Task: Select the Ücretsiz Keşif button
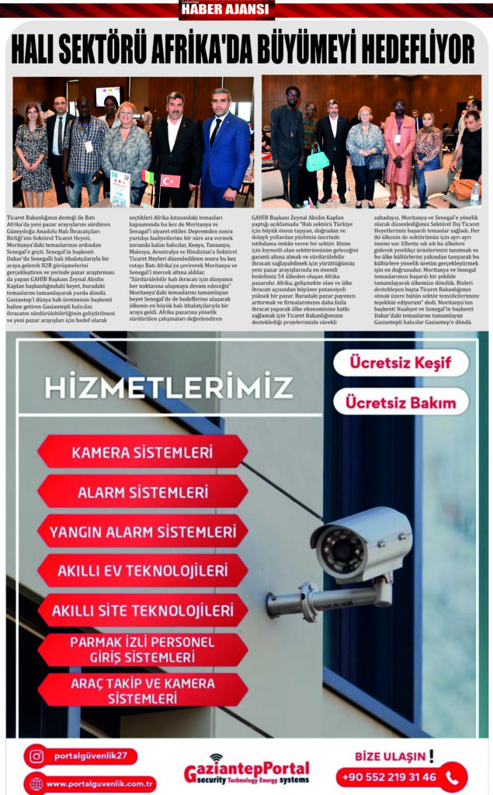400,363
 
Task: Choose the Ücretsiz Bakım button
401,402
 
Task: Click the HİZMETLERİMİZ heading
168,386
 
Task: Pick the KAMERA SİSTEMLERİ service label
143,452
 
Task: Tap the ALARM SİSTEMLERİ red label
143,491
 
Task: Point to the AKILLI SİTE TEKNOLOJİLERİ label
143,610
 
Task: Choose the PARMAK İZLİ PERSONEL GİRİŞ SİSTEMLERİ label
143,650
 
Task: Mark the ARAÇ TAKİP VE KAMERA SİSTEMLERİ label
143,689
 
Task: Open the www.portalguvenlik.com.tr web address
99,783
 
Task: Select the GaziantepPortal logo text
246,770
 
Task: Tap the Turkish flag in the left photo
170,182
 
